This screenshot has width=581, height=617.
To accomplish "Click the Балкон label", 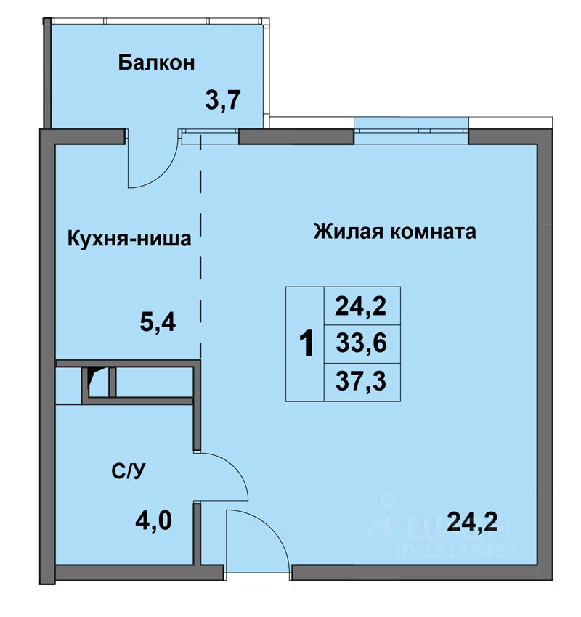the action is (x=156, y=63).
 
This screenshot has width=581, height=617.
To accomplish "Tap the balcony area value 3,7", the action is (x=223, y=100).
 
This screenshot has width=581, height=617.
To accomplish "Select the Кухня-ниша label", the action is (x=129, y=239).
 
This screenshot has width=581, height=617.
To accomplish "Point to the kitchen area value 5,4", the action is (x=158, y=323).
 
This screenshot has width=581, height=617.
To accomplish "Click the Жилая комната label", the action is (x=395, y=232).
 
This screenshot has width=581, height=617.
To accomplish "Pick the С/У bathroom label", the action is (x=129, y=470).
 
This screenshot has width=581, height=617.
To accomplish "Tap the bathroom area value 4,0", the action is (x=153, y=520).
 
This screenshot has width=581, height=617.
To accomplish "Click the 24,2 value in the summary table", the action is (x=360, y=306).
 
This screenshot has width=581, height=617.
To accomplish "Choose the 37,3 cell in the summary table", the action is (x=361, y=381).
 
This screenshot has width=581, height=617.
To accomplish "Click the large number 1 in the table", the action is (x=306, y=343).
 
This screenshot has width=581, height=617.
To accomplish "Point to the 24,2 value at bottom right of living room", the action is (x=472, y=522).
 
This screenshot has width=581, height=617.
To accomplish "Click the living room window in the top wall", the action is (x=411, y=131).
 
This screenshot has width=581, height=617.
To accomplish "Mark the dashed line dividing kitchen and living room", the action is (x=200, y=247).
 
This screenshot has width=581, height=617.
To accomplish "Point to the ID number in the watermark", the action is (x=458, y=550).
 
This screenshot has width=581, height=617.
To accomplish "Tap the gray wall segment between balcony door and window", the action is (x=296, y=136).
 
